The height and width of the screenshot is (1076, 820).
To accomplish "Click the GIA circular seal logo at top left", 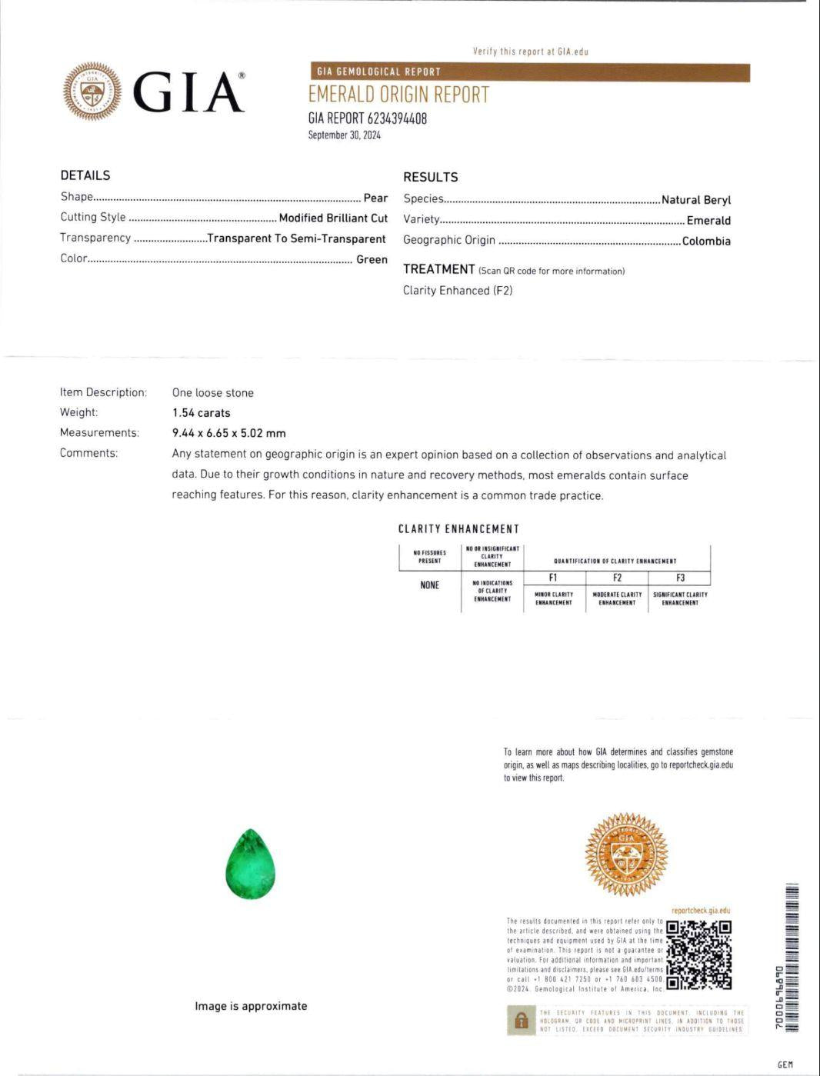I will click(x=92, y=92).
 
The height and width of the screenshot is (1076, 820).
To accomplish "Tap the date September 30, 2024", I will click(x=344, y=135).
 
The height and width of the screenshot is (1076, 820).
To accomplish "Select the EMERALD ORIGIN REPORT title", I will click(x=398, y=95).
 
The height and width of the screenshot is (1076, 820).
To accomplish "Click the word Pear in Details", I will click(x=375, y=198).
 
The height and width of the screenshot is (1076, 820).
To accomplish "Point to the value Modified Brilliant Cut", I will click(x=333, y=218).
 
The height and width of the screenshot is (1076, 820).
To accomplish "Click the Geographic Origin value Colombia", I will click(x=706, y=241).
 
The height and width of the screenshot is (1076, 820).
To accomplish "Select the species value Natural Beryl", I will click(x=695, y=200).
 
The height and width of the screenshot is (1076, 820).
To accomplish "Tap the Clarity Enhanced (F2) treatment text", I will click(x=458, y=291).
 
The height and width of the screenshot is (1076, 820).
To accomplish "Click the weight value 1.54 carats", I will click(x=201, y=413).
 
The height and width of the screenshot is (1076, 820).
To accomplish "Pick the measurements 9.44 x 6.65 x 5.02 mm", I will click(x=228, y=433).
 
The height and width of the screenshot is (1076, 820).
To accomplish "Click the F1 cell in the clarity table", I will click(x=553, y=578).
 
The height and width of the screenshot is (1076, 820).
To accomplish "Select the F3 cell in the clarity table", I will click(x=680, y=578).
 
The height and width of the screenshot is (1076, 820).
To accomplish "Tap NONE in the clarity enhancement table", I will click(x=429, y=585).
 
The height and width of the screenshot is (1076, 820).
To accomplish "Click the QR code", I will click(x=698, y=954).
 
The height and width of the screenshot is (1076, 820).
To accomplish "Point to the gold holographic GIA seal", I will click(x=626, y=854).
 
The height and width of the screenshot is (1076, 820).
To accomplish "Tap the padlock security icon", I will click(x=521, y=1021).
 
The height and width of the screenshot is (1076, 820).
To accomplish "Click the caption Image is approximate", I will click(x=251, y=1006).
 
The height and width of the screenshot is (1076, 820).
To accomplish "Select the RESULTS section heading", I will click(x=430, y=177).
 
